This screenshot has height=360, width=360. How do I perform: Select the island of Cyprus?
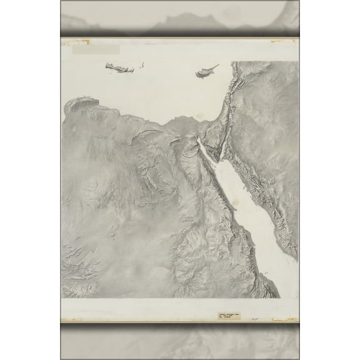[x=206, y=72]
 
